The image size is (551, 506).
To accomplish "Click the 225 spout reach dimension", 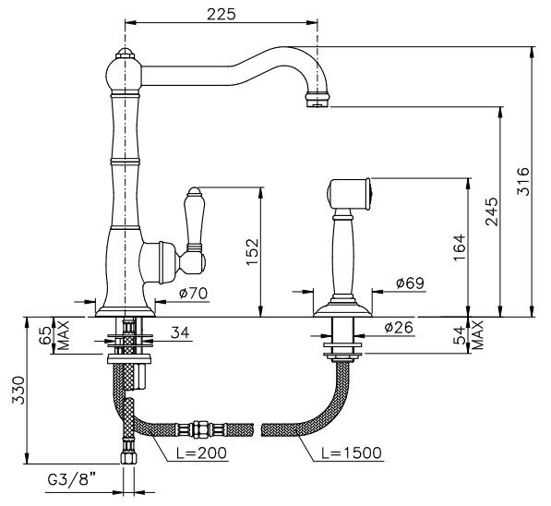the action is [x=222, y=14].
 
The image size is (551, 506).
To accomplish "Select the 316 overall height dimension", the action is [x=522, y=182].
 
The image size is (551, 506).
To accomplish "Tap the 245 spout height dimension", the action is [x=492, y=211].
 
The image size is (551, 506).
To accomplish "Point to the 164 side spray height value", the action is [x=460, y=247].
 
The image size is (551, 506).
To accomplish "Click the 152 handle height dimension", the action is [x=252, y=252].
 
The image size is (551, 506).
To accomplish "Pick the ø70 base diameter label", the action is [x=193, y=293].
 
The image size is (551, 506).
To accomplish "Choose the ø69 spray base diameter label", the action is [x=410, y=283].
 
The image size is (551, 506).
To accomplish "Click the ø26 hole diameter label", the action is [x=399, y=328].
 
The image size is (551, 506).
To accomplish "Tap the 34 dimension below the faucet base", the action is [x=180, y=332].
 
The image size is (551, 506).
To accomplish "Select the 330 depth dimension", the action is [x=18, y=391].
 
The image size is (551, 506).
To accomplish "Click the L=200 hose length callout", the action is [x=202, y=453].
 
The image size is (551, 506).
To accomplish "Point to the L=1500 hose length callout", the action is [x=352, y=452].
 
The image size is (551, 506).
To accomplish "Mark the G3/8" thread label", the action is [x=72, y=479].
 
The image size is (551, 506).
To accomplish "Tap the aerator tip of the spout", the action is [x=318, y=99].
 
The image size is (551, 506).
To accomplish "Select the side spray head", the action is [x=349, y=195].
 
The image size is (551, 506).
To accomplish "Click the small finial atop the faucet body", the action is [x=125, y=54].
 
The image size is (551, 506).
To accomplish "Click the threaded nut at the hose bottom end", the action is [x=127, y=457].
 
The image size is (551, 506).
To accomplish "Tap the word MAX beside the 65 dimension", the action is [x=64, y=335].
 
